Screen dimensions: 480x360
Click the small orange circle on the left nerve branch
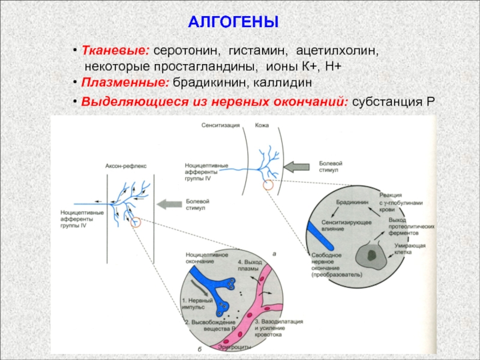[137, 222]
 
